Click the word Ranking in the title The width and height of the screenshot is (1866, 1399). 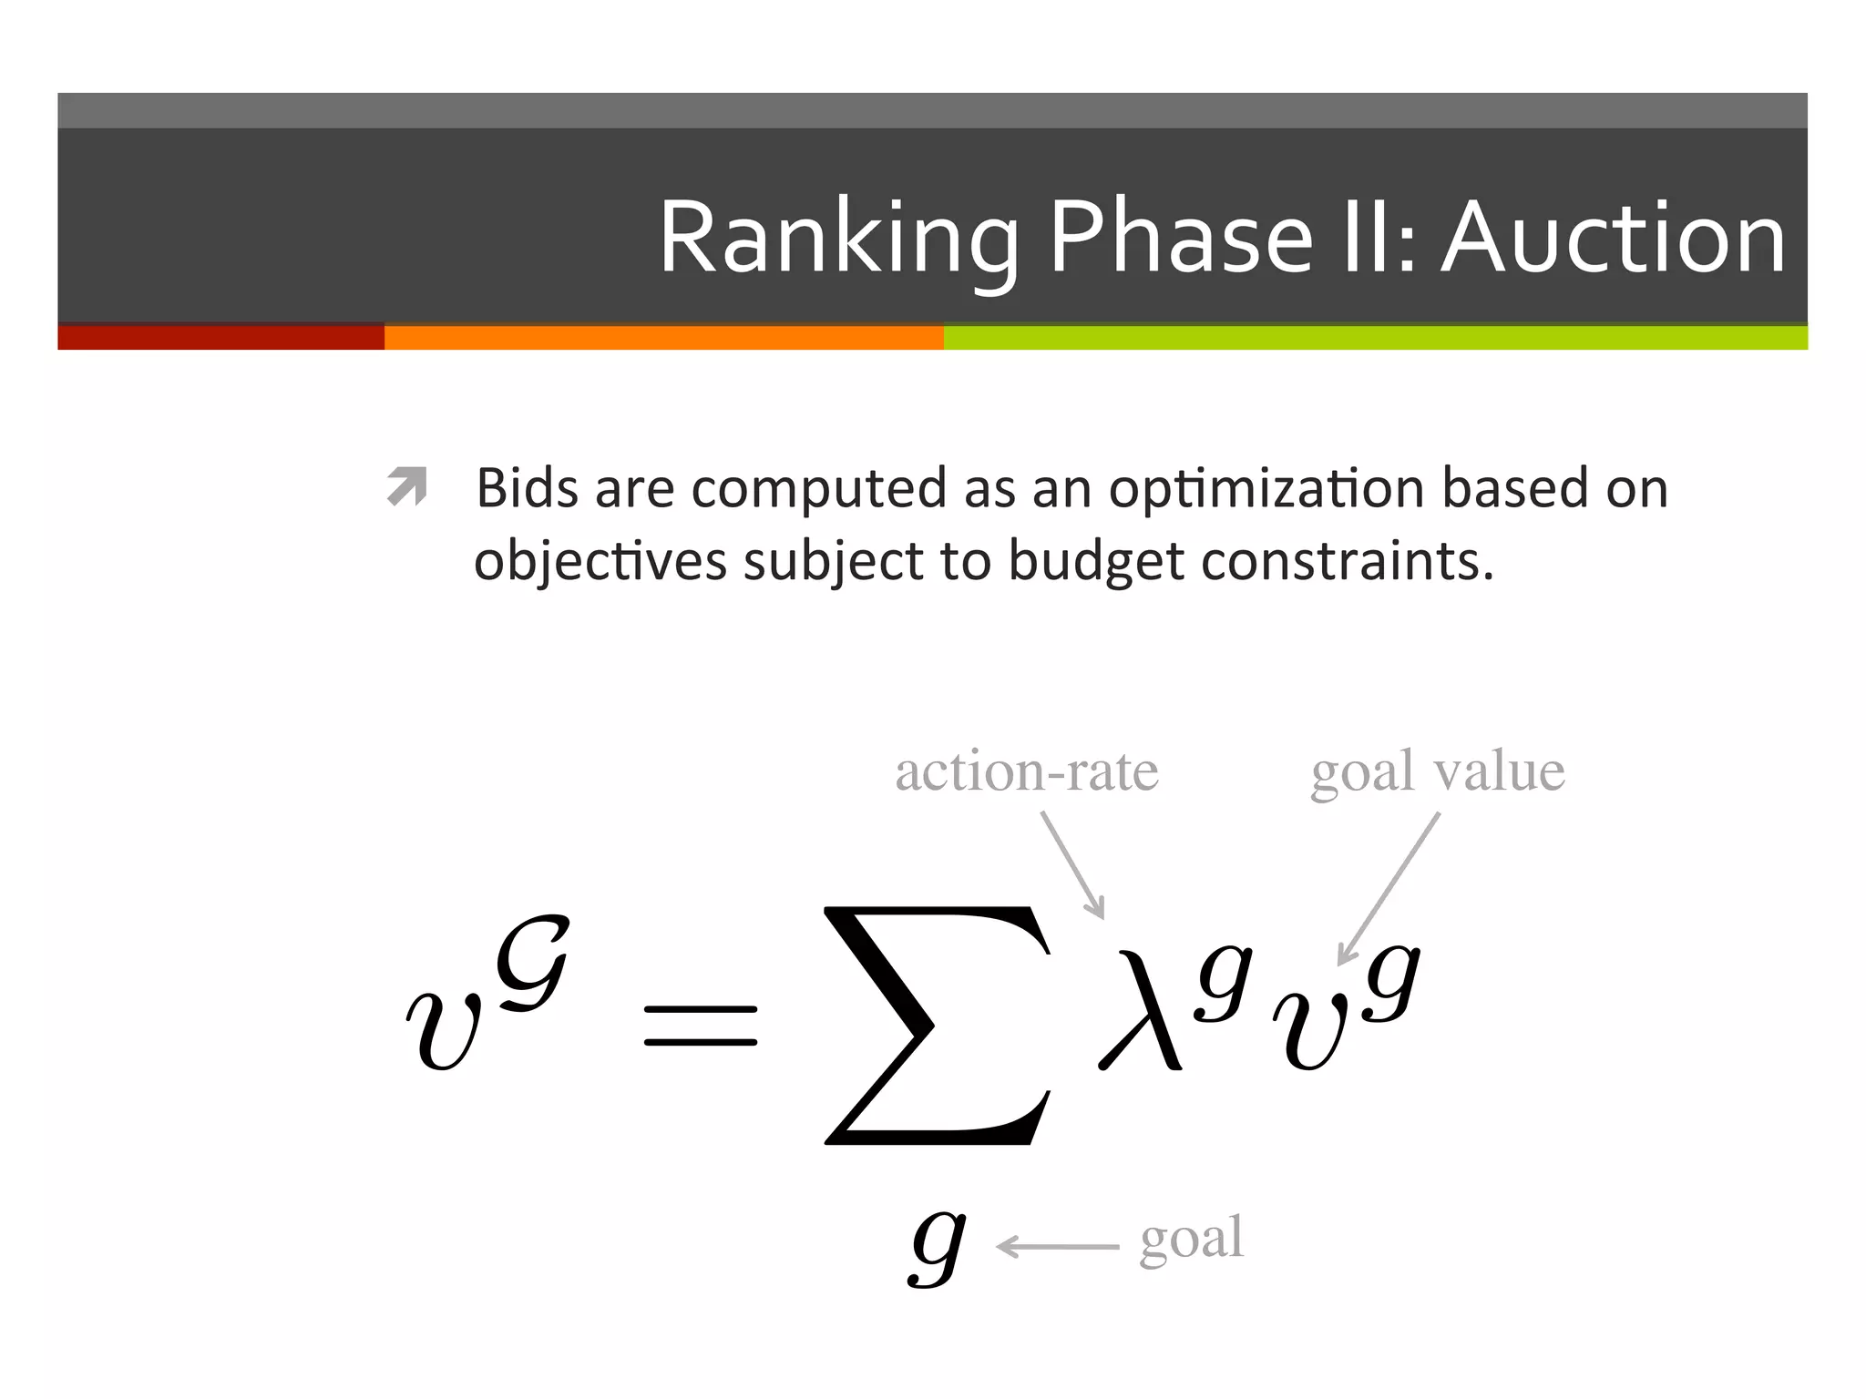point(838,239)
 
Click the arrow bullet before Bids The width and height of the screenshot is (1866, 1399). point(406,485)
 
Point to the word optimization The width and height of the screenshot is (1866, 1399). point(1267,490)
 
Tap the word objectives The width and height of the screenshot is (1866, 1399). point(600,561)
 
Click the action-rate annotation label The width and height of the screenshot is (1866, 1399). point(1027,772)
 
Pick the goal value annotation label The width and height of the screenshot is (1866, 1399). point(1438,772)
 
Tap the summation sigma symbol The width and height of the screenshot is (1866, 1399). point(937,1025)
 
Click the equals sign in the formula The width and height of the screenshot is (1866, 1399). point(700,1026)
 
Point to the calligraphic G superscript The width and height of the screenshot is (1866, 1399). point(532,964)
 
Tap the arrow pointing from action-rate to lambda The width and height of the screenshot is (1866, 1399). point(1073,865)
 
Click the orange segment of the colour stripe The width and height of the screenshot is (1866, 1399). point(663,338)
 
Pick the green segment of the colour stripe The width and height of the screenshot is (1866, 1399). point(1376,338)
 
